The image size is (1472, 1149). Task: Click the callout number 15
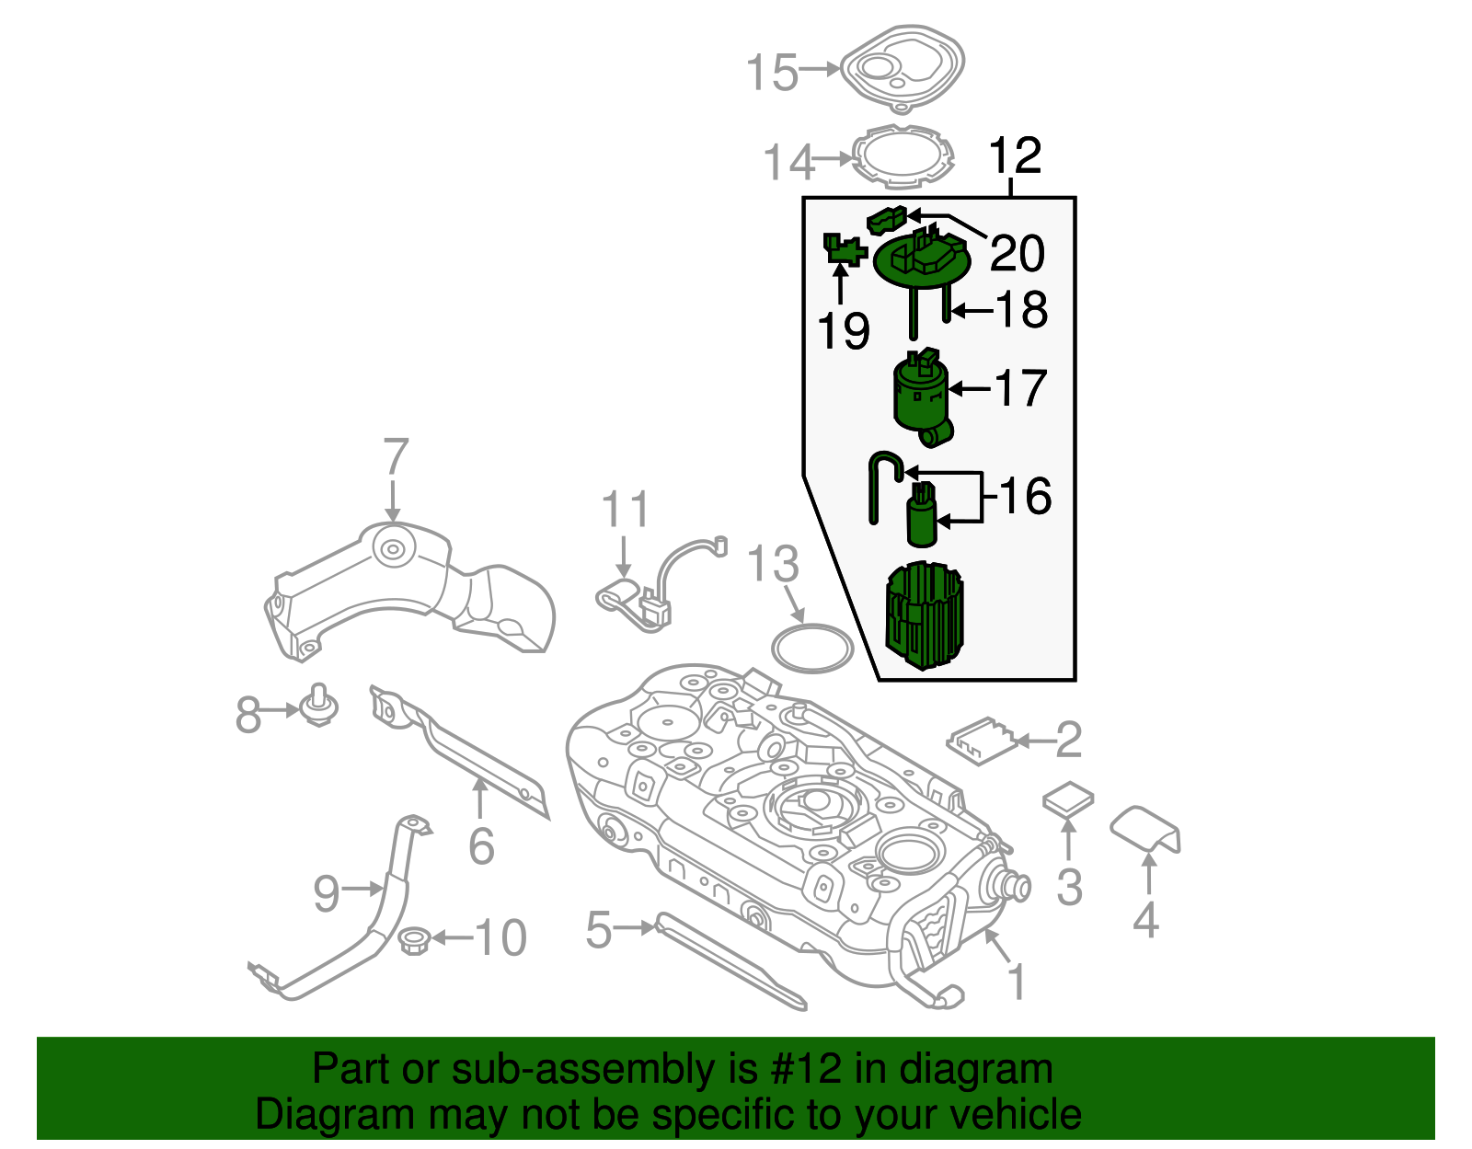click(772, 73)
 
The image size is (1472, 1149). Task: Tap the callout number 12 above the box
click(1014, 155)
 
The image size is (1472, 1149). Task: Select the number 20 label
click(1017, 253)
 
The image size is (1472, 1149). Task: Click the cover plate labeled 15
click(903, 68)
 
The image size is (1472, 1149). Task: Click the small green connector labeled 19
click(845, 250)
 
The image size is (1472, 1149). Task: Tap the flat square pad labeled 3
click(1067, 799)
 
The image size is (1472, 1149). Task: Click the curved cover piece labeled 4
click(1145, 830)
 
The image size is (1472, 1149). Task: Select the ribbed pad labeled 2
click(983, 741)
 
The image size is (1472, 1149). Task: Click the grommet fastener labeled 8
click(319, 705)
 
